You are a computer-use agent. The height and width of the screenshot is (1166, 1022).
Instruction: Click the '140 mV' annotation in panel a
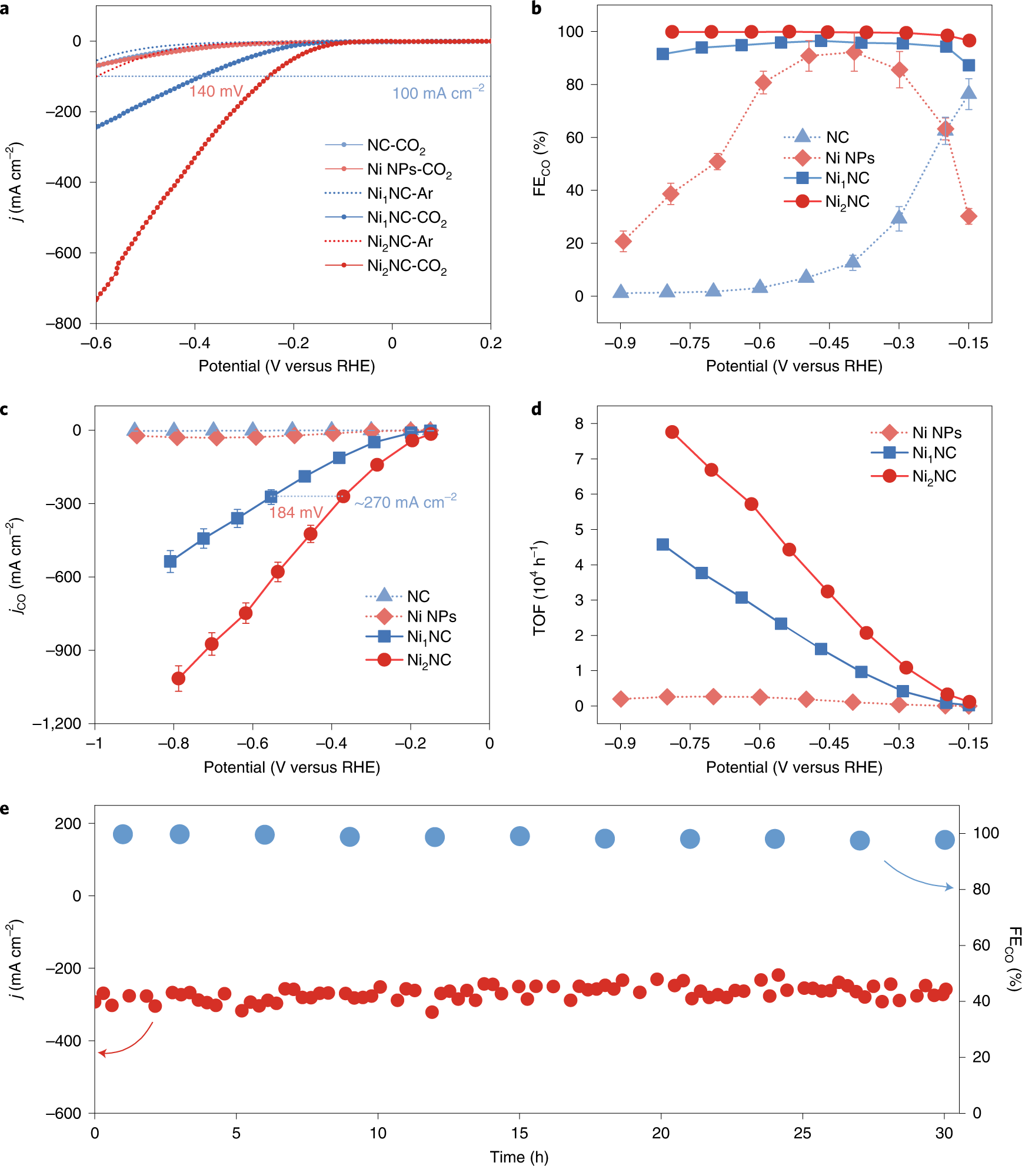(x=216, y=91)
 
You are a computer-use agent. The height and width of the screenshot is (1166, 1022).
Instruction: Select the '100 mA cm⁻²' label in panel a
(x=438, y=93)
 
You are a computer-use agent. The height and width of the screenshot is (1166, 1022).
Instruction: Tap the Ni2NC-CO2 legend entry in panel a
(x=407, y=266)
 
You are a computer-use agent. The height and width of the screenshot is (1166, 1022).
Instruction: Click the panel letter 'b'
(x=536, y=8)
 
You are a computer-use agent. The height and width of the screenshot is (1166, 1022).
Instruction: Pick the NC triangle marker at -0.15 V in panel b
(x=968, y=92)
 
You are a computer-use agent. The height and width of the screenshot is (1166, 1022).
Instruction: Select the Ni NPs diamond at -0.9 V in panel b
(x=623, y=241)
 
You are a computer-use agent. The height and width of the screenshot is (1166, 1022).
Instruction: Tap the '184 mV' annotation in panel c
(x=296, y=513)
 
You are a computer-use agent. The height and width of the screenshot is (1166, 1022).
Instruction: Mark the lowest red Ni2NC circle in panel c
(x=178, y=679)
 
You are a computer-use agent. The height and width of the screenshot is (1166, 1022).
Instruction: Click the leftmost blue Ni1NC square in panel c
(x=170, y=562)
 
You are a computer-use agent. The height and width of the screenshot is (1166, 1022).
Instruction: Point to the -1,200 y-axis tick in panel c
(x=57, y=724)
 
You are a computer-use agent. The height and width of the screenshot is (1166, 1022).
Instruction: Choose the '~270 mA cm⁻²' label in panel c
(x=405, y=502)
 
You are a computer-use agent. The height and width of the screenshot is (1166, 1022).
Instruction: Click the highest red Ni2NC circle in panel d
(x=672, y=432)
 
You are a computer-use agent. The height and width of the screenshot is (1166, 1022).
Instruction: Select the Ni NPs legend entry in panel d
(x=936, y=433)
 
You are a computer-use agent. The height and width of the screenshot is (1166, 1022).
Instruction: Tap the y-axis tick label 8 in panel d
(x=579, y=423)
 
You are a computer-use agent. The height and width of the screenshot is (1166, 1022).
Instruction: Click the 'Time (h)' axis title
(x=519, y=1157)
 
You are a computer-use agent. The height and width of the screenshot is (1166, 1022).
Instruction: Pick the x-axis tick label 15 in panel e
(x=519, y=1132)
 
